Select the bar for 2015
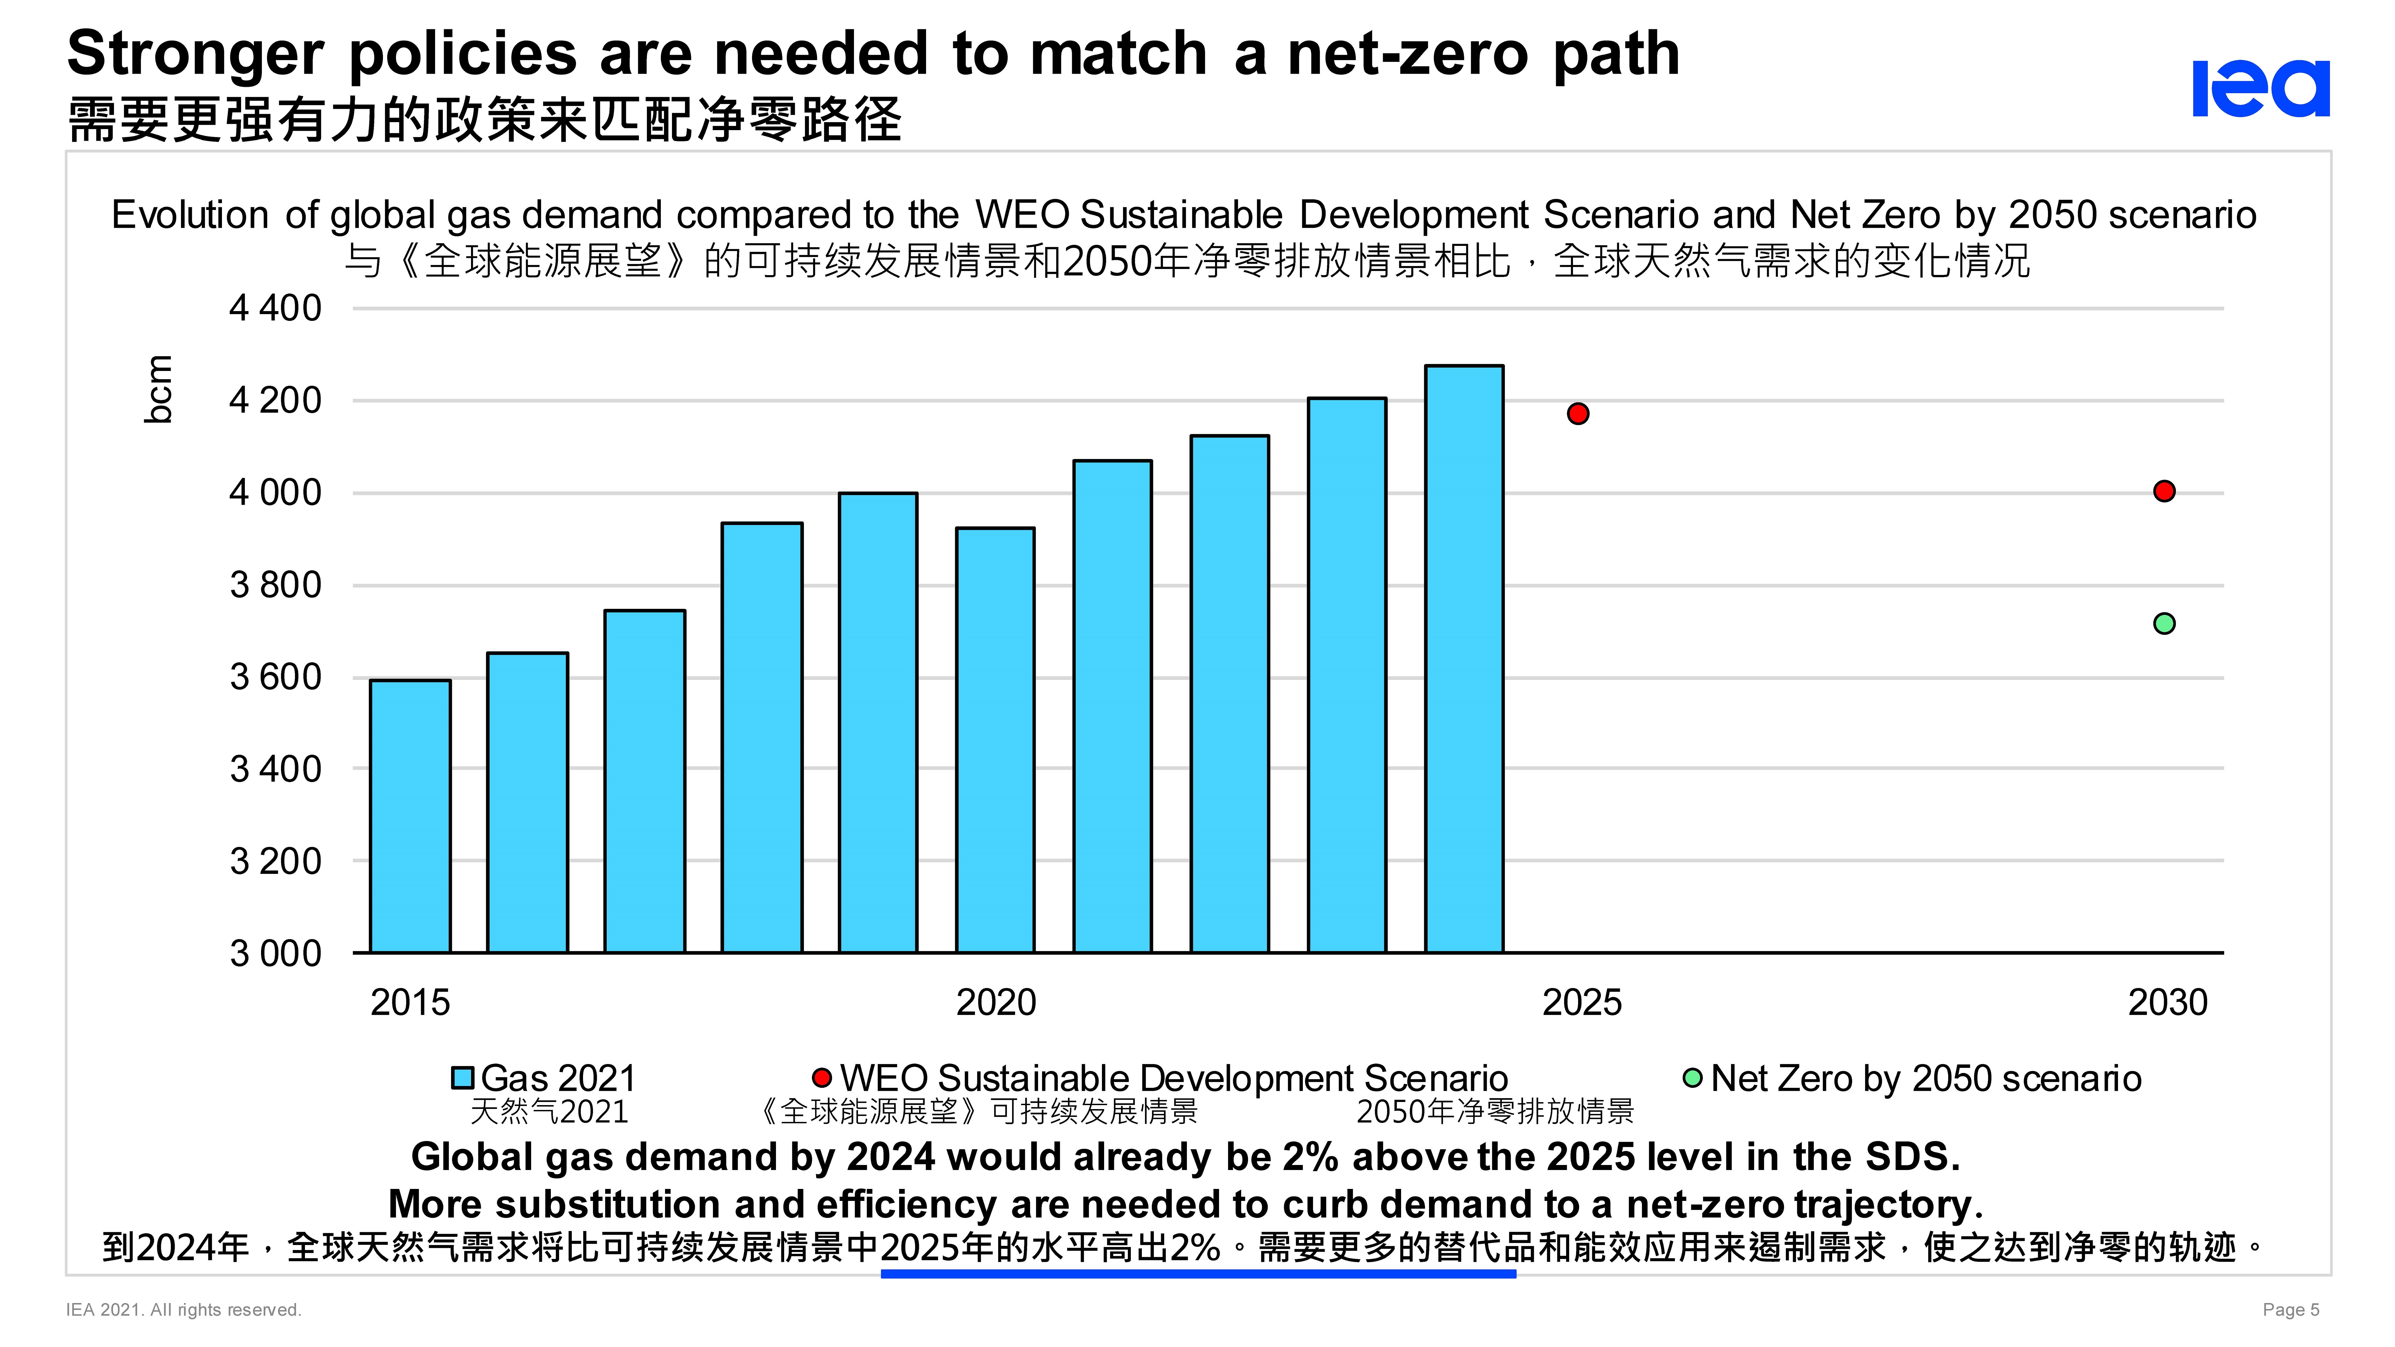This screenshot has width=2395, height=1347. tap(410, 816)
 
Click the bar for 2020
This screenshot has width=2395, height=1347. tap(995, 740)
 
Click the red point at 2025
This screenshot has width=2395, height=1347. tap(1578, 414)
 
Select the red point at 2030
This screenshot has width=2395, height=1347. tap(2165, 491)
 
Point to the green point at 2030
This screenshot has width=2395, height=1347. tap(2165, 624)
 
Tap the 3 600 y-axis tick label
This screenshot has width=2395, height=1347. tap(275, 677)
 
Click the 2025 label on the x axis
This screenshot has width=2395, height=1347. tap(1581, 1002)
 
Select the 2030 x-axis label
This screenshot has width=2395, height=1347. tap(2167, 1002)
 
